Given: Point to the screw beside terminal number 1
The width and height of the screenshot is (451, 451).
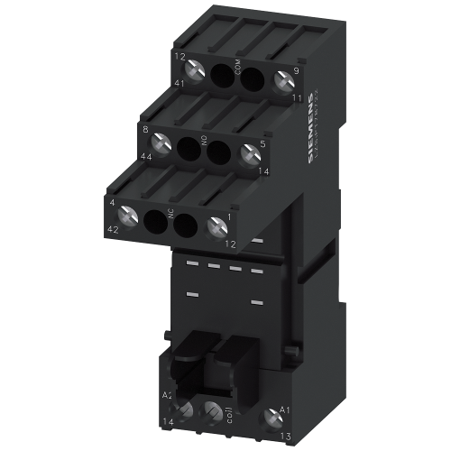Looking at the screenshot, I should [x=215, y=227].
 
